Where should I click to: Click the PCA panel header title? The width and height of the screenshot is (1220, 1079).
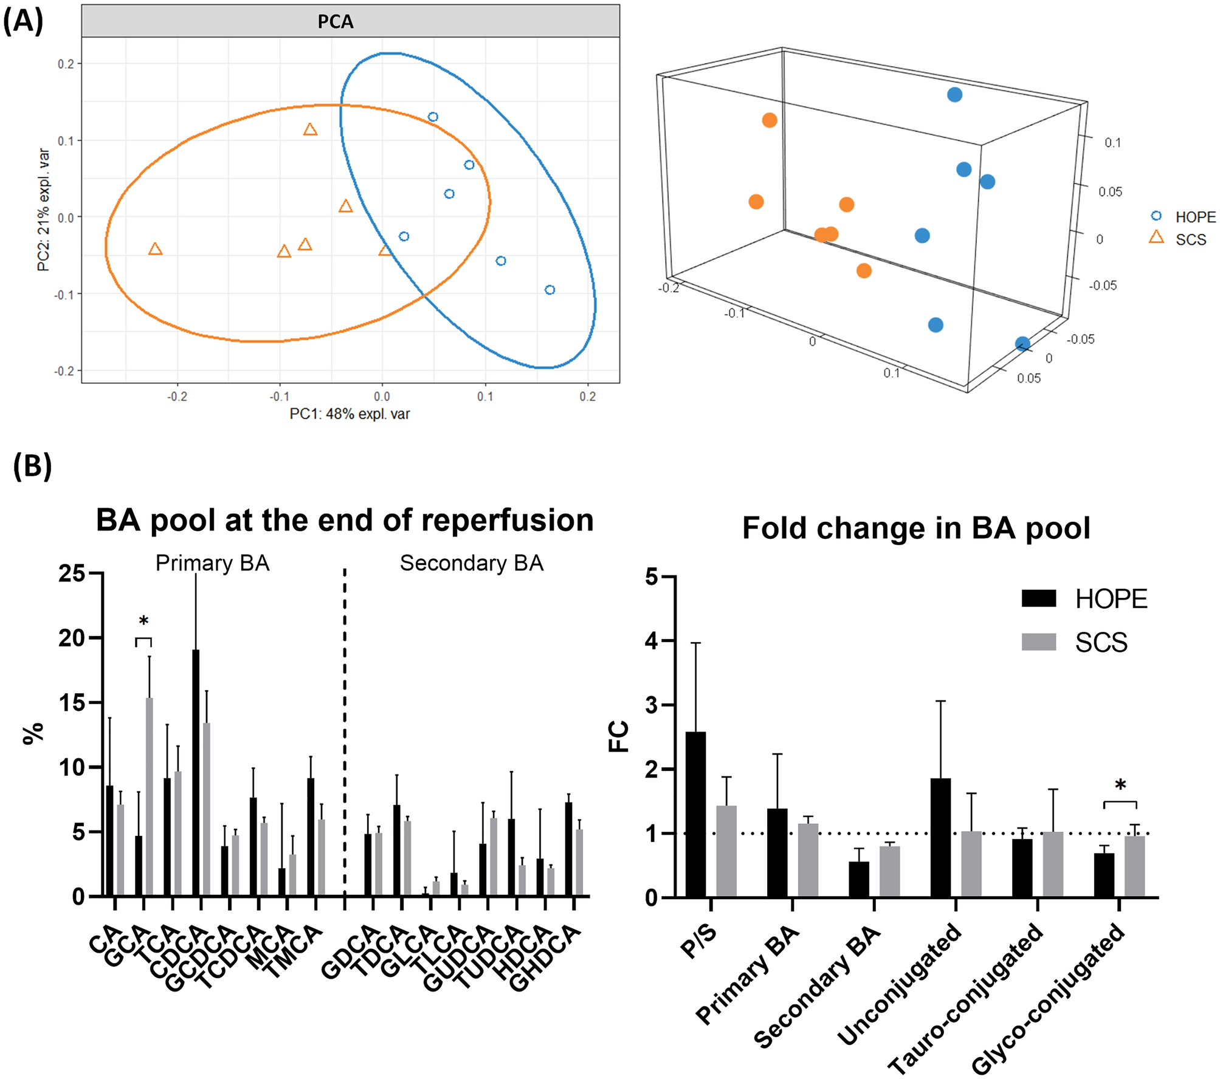click(x=335, y=22)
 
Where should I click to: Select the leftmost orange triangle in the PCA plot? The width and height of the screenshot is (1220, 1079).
click(x=155, y=249)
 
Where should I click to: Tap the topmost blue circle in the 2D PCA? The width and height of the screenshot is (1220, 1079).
click(x=433, y=117)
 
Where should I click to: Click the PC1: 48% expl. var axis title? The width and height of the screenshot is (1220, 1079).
click(x=350, y=414)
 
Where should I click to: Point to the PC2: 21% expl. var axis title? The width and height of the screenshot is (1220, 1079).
click(x=44, y=210)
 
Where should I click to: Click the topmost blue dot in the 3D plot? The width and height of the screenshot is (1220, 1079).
click(x=954, y=95)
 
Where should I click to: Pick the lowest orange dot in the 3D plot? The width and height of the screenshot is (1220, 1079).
click(x=864, y=271)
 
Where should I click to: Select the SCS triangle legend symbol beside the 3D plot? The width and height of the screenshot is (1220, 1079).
click(x=1156, y=238)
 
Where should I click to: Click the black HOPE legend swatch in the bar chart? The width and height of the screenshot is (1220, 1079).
click(x=1039, y=598)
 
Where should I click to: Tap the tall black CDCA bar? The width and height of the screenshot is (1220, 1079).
click(x=196, y=772)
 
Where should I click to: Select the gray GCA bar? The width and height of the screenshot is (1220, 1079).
click(x=149, y=796)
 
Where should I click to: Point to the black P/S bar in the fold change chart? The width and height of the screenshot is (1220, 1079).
click(x=695, y=814)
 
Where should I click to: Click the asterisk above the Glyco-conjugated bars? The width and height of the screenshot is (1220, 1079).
click(x=1120, y=786)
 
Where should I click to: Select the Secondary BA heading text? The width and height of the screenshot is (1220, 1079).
click(x=471, y=563)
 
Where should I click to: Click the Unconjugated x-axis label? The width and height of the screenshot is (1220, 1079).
click(x=900, y=984)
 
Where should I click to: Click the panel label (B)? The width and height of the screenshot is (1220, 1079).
click(x=32, y=466)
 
